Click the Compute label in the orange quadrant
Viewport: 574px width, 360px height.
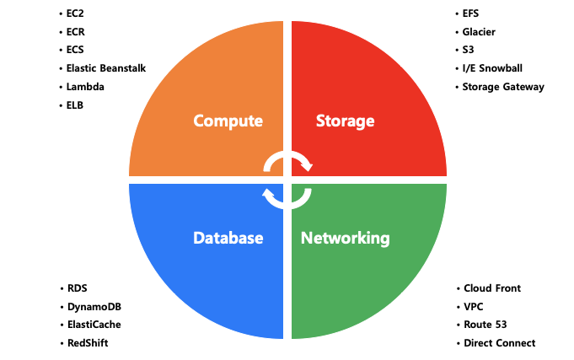(x=228, y=121)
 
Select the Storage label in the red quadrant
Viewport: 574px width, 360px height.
(x=345, y=121)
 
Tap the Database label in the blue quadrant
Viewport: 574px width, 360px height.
(x=227, y=238)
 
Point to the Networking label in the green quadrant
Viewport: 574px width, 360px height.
(x=346, y=238)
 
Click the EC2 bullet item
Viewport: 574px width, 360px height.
(x=75, y=14)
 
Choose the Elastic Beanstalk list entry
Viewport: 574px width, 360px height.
(x=105, y=68)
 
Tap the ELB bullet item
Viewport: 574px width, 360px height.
(x=75, y=105)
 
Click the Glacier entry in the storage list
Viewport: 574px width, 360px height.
(x=479, y=32)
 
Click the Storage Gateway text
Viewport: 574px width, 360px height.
(x=503, y=87)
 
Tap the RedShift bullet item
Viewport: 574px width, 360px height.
(x=88, y=343)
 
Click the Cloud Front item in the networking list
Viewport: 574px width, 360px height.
(x=492, y=288)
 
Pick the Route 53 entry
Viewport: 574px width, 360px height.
(x=485, y=325)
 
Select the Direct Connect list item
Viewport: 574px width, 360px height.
(x=499, y=343)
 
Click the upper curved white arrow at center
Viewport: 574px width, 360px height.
(x=288, y=160)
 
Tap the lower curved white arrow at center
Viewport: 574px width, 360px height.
(x=287, y=199)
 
